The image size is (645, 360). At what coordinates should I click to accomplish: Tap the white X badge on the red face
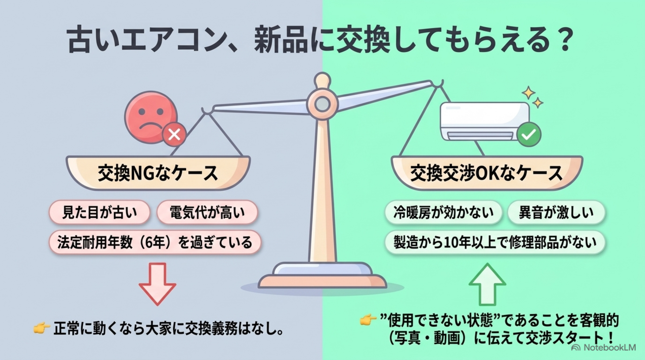(174, 135)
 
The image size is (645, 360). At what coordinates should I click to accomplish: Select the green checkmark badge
(529, 134)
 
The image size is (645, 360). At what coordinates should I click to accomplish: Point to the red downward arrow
(157, 284)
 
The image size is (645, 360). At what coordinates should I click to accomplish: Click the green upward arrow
(487, 284)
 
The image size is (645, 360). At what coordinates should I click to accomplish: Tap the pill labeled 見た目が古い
(99, 212)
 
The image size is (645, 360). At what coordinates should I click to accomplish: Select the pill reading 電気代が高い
(207, 212)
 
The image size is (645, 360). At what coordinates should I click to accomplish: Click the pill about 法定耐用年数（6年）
(155, 242)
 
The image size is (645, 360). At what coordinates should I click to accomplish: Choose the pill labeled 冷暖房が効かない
(443, 212)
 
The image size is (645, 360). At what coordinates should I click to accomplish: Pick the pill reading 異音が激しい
(556, 212)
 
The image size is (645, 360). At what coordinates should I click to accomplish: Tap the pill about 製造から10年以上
(495, 242)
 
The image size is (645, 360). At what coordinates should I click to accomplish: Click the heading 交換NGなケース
(158, 173)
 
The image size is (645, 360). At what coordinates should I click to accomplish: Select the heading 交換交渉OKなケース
(486, 173)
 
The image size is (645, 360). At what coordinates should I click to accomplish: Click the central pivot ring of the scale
(322, 104)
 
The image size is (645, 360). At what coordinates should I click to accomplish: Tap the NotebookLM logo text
(603, 348)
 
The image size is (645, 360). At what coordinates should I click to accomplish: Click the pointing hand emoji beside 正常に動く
(42, 328)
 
